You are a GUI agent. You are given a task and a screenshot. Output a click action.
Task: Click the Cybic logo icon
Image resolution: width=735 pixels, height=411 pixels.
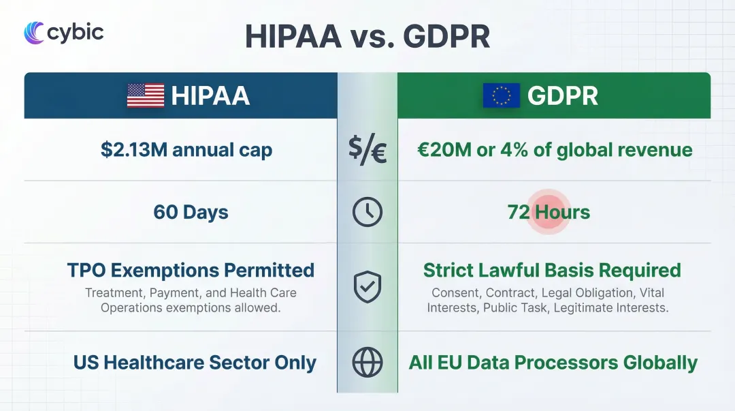tap(34, 32)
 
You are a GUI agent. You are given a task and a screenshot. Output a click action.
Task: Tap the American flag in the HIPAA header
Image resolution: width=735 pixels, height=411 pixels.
tap(146, 95)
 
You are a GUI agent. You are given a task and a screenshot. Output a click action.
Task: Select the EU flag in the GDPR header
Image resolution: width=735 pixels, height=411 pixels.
tap(502, 95)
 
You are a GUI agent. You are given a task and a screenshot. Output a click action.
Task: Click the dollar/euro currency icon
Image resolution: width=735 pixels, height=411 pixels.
tap(367, 151)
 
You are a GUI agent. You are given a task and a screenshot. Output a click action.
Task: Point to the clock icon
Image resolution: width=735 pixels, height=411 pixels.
tap(367, 213)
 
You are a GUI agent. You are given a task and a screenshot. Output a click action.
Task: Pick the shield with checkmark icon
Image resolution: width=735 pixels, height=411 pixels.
tap(367, 288)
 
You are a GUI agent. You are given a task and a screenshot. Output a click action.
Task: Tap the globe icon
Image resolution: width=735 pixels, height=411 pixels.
tap(367, 363)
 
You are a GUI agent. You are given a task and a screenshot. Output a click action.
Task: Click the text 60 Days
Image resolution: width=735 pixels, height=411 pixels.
tap(191, 213)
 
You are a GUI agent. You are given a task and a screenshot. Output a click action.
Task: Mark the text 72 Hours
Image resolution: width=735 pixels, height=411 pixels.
tap(549, 213)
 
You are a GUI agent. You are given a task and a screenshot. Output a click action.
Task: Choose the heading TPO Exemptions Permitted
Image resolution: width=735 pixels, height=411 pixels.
tap(191, 271)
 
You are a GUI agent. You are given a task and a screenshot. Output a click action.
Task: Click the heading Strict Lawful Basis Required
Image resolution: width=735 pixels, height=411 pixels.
tap(552, 271)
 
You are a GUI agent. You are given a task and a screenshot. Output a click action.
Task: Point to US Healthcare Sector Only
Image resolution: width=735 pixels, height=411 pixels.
tap(195, 363)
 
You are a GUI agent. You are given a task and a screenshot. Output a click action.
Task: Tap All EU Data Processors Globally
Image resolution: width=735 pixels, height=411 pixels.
tap(553, 363)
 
